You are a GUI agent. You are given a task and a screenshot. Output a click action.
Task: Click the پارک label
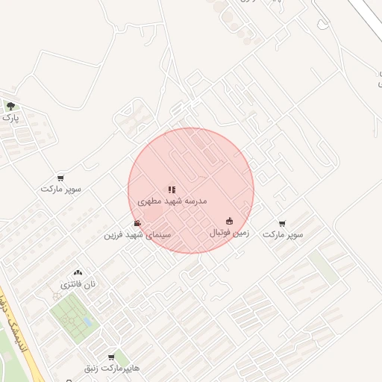coord(10,118)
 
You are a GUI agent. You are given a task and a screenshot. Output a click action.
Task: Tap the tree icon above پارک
coord(10,106)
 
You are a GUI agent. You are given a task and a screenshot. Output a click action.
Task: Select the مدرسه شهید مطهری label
coord(172,201)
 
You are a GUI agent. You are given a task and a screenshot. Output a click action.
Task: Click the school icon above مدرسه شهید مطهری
coord(172,190)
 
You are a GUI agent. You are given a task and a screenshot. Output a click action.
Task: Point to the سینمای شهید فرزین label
coord(137,235)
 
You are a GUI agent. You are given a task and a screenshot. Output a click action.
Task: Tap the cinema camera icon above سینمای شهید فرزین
coord(137,223)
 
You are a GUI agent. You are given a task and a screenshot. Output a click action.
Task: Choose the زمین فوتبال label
coord(229,234)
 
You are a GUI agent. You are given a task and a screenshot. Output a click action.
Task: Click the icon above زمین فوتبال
coord(229,222)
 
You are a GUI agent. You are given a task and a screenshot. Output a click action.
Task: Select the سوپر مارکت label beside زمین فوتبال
coord(283,234)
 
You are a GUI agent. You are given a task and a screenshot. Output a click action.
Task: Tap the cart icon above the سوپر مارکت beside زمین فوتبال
coord(282,223)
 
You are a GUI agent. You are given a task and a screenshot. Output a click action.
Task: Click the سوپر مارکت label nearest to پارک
coord(61,190)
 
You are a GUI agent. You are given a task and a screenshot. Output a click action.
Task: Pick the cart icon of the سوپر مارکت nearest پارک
coord(60,178)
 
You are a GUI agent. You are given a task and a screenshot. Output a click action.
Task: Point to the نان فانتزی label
coord(78,285)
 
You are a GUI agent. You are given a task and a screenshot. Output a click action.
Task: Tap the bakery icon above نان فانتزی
coord(78,274)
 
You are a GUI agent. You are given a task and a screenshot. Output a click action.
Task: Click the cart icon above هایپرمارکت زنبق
coord(112,358)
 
